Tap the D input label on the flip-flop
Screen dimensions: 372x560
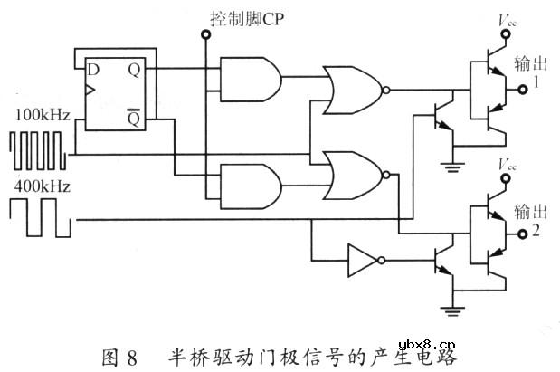(x=91, y=71)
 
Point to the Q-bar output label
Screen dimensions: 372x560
(x=133, y=119)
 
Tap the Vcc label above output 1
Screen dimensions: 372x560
(x=505, y=19)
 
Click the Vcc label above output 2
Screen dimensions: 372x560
(x=505, y=165)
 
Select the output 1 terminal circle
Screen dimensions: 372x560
(x=522, y=89)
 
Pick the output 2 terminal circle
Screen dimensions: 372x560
(x=522, y=234)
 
